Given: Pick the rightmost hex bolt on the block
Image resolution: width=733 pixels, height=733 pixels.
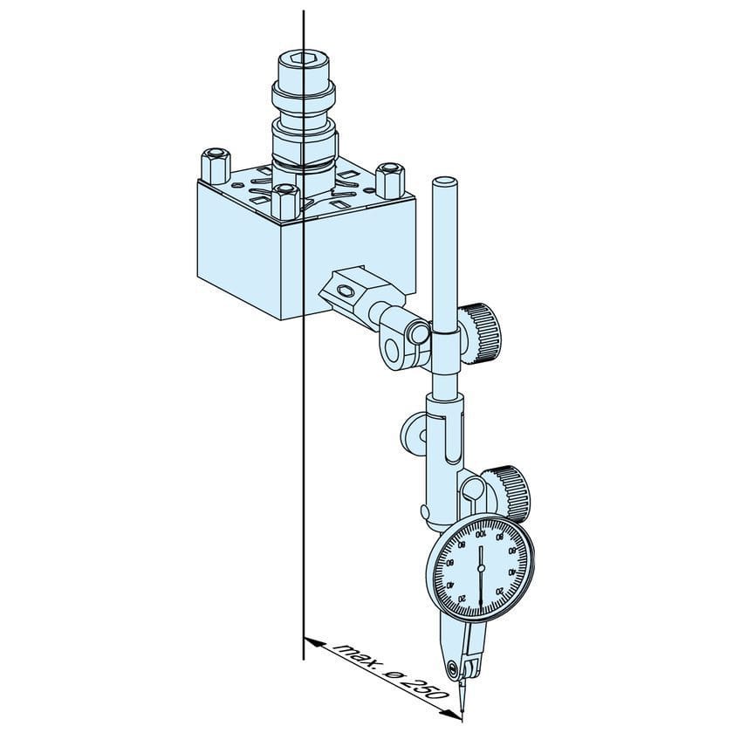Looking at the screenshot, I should [390, 178].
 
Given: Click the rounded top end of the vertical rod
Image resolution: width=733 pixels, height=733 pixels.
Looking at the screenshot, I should [445, 183].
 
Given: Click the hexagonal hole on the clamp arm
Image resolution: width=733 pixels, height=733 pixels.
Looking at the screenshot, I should [346, 290].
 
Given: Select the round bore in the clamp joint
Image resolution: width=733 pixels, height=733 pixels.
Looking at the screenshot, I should [396, 346].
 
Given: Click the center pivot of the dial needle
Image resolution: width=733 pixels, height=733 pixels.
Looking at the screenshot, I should [480, 568].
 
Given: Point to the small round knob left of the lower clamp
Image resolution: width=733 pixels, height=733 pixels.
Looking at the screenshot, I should [409, 429].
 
